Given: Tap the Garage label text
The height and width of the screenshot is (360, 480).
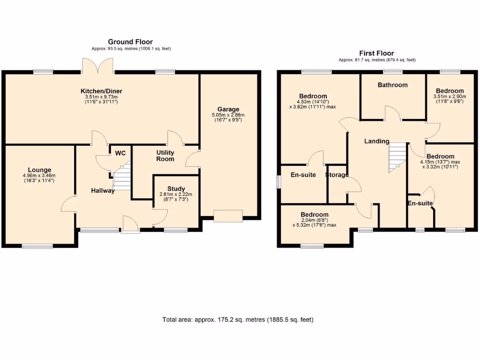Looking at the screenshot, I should coord(228,109).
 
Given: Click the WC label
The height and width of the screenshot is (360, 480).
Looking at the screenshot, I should coord(120,153).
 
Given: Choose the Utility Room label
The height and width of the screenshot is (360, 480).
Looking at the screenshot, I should coord(165,156).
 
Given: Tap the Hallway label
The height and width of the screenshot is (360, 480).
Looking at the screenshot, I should coord(103,190).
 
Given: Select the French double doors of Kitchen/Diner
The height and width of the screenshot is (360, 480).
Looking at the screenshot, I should coord(97,66).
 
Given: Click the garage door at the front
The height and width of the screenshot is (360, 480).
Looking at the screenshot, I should coord(228,215).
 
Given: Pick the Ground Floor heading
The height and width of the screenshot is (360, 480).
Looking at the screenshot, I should coord(130,42).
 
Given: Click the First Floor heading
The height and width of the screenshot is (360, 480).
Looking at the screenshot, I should coord(376,53).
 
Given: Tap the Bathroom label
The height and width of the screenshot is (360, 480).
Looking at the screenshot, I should coord(392,85).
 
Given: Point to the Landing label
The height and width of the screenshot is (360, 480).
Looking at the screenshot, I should coord(376,141).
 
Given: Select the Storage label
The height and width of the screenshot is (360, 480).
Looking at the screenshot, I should coord(337,175).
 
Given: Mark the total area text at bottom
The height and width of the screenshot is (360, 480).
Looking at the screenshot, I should coord(238,320).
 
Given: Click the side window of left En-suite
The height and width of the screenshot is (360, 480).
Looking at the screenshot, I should coord(278,182).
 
